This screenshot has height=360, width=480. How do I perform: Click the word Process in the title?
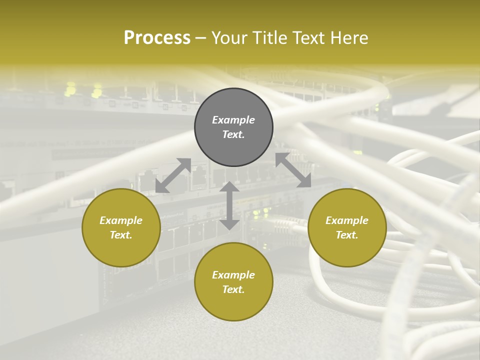click(157, 38)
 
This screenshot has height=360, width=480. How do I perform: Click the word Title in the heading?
click(268, 38)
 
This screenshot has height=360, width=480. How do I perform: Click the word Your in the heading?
click(230, 38)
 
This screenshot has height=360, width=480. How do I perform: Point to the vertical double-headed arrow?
click(229, 205)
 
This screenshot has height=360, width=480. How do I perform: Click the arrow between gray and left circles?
click(173, 175)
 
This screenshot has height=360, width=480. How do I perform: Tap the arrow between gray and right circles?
click(293, 170)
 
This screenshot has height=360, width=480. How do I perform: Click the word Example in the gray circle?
click(233, 120)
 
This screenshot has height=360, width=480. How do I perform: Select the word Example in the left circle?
click(121, 220)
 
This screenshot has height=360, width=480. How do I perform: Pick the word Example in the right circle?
click(347, 220)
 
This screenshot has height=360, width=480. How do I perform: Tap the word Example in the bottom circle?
click(233, 275)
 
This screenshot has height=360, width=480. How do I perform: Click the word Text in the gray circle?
click(233, 134)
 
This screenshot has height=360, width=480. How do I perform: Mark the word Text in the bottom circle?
click(233, 289)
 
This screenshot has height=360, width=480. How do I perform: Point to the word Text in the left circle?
click(121, 235)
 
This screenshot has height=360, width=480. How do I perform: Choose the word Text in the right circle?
click(347, 235)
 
